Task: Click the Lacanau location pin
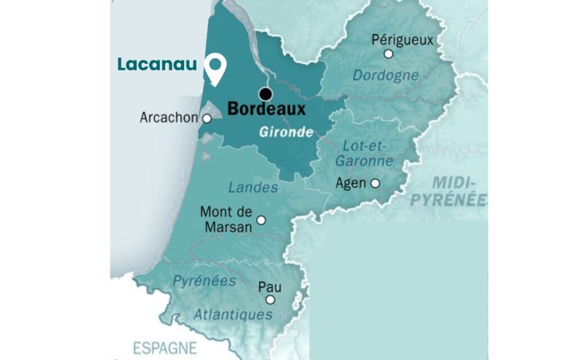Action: point(215,69)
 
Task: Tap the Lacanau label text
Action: point(157,65)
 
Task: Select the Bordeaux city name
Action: point(266,109)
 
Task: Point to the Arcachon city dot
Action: point(206,119)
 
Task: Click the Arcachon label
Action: point(169,118)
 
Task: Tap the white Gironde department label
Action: point(286,133)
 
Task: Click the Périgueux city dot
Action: point(388,54)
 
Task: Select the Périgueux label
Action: point(403,40)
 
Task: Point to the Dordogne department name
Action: point(385,75)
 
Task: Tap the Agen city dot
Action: point(375,183)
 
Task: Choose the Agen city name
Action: point(350,183)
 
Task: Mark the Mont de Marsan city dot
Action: point(260,220)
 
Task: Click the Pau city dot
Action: point(270,300)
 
